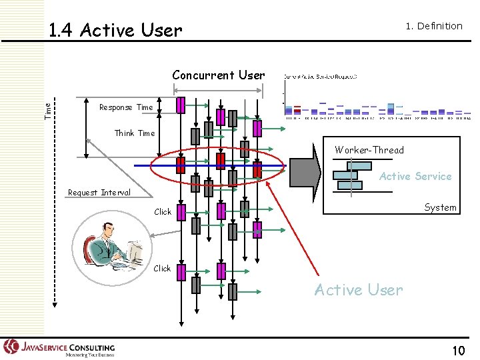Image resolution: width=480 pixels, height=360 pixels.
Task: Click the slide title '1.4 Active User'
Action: point(115,30)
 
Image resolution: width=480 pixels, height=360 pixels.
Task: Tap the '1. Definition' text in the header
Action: point(434,26)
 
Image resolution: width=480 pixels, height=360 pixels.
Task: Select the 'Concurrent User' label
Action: point(218,75)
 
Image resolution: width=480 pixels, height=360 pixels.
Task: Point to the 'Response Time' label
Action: point(125,107)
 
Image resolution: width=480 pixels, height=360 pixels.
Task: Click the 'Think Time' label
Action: point(134,133)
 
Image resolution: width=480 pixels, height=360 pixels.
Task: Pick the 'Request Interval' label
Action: point(99,193)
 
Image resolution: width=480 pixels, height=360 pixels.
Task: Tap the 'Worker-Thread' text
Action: point(369,150)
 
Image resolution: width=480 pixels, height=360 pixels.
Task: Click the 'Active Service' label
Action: point(415,177)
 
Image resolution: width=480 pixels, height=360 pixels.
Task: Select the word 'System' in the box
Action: point(440,207)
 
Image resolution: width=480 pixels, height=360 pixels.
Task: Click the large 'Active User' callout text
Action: point(359,290)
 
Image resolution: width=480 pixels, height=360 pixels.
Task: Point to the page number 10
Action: point(458,351)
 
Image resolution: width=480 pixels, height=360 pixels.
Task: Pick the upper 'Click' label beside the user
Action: point(162,212)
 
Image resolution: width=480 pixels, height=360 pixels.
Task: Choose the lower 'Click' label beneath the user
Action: point(162,269)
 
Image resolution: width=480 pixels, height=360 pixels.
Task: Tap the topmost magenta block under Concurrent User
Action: point(181,105)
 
